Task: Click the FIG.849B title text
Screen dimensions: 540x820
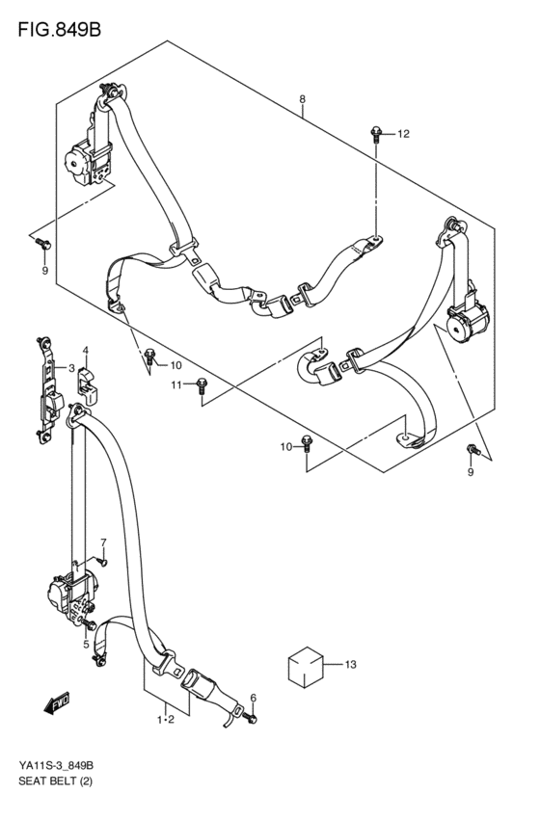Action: (x=59, y=30)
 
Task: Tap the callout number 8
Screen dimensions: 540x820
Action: (x=303, y=99)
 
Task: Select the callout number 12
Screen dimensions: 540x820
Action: (x=403, y=134)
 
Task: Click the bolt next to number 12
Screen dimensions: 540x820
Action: (x=376, y=134)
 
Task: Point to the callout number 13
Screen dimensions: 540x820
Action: (x=350, y=665)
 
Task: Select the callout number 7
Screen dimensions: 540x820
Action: (x=103, y=542)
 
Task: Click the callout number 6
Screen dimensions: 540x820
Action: (x=254, y=697)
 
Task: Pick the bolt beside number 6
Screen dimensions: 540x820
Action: (x=251, y=718)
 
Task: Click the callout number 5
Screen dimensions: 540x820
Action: (x=86, y=645)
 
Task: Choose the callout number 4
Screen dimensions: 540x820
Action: (x=85, y=350)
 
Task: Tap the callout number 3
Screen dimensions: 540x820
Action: (x=71, y=368)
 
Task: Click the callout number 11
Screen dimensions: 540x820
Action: (x=176, y=384)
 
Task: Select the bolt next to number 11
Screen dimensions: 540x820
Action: (x=202, y=385)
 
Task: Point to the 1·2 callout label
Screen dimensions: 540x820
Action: (x=166, y=720)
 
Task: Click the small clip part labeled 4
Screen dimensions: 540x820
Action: (x=88, y=387)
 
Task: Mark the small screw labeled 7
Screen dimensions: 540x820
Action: (x=101, y=561)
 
